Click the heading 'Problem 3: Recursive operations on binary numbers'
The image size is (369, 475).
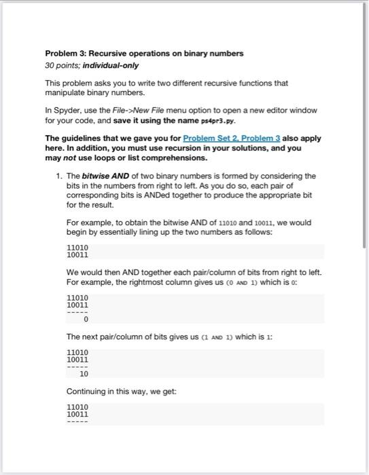coord(143,53)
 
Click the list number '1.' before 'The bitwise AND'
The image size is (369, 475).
coord(60,176)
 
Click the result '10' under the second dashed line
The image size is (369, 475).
coord(84,373)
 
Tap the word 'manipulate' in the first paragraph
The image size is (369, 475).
coord(66,92)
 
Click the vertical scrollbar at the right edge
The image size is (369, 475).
coord(366,224)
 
